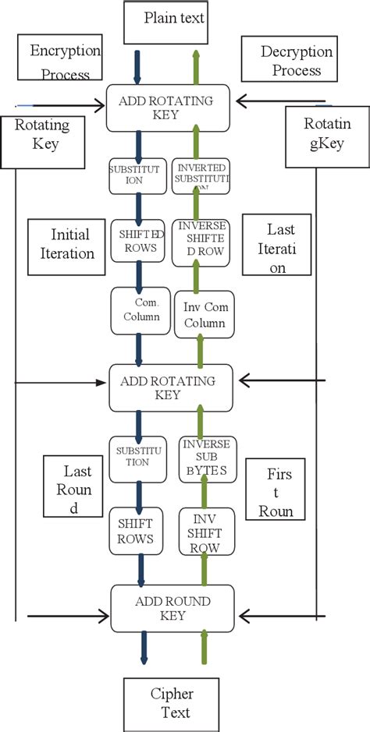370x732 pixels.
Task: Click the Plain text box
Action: pyautogui.click(x=165, y=22)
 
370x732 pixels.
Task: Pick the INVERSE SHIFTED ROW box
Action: pyautogui.click(x=202, y=242)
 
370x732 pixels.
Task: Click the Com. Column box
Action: pyautogui.click(x=141, y=310)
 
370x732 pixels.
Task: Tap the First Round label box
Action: pyautogui.click(x=279, y=500)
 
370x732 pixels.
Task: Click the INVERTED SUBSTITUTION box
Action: pyautogui.click(x=202, y=176)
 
